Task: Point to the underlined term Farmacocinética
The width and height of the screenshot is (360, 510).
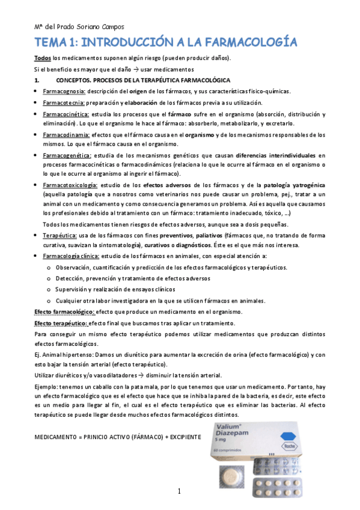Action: coord(66,114)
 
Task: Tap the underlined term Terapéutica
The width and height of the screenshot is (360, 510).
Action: coord(59,235)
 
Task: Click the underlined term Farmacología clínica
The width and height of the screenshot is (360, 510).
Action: coord(70,256)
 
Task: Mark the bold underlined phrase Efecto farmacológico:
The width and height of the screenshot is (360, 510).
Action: coord(64,312)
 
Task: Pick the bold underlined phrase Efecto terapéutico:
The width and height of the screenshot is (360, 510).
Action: coord(61,323)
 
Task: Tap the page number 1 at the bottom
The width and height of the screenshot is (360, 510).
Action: coord(179,492)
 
